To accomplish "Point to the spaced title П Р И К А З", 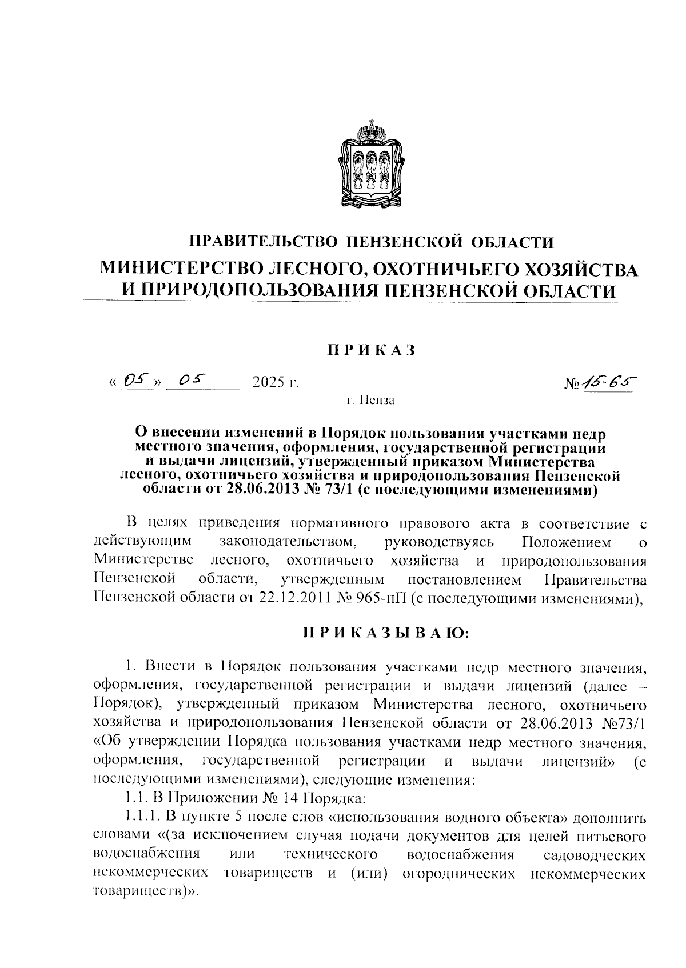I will [x=371, y=350].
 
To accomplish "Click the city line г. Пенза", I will [x=371, y=400].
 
